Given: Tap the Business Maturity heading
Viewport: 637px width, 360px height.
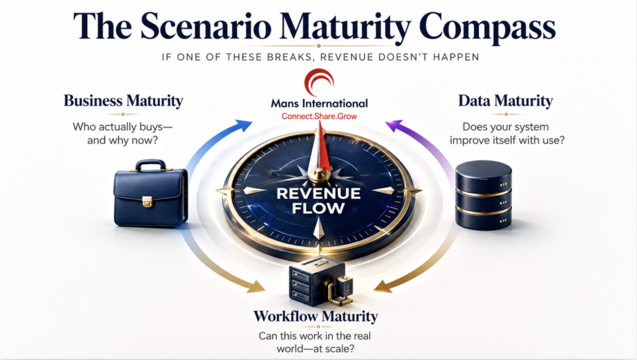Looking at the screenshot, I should (123, 100).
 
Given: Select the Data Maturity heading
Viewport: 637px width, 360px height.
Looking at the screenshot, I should (506, 100).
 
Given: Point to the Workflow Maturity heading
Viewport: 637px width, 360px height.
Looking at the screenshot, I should (315, 316).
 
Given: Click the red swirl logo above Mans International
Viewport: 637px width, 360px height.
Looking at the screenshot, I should (318, 81).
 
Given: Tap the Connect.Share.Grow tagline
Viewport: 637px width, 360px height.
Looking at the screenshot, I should (318, 116).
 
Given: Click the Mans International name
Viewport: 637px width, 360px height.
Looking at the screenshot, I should (318, 103).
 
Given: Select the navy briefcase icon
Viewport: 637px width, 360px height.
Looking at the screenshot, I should (150, 193).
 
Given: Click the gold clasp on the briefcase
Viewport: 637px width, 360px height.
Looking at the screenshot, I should (147, 201).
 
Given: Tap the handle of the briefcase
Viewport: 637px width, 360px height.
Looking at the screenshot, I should (150, 165).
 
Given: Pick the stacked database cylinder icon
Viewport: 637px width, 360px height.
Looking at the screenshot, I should (483, 195).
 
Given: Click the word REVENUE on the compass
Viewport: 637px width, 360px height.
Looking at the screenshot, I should (318, 194).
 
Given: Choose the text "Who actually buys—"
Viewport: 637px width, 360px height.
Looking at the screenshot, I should (123, 127).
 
